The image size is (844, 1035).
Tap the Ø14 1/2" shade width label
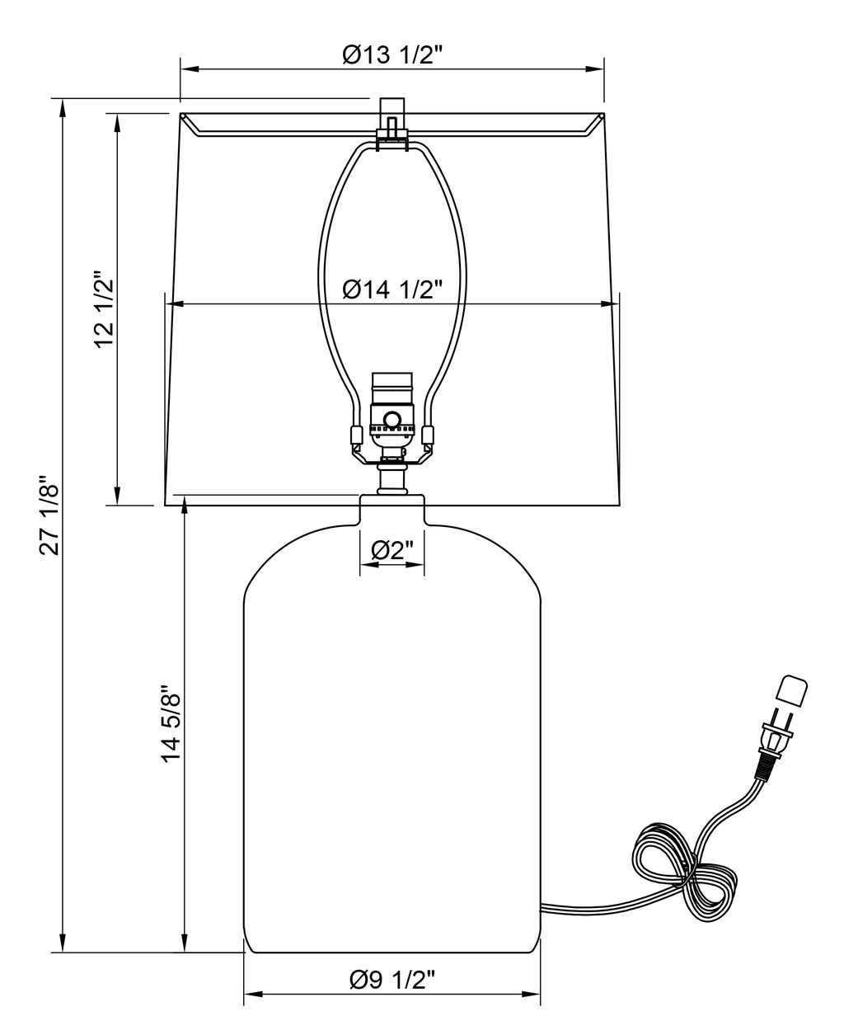coord(392,289)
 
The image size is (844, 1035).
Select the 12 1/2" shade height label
coord(104,309)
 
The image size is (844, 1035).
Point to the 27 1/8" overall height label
coord(49,515)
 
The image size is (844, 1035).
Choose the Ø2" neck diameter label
coord(392,550)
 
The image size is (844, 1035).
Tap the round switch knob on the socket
coord(392,419)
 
